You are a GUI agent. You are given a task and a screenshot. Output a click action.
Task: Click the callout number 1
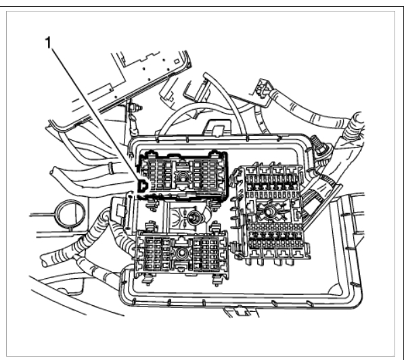(48, 43)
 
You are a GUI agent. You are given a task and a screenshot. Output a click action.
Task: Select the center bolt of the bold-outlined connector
(183, 177)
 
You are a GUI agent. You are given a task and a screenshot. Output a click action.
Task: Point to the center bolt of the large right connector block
(269, 211)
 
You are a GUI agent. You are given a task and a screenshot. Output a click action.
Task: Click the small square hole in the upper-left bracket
(177, 62)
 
